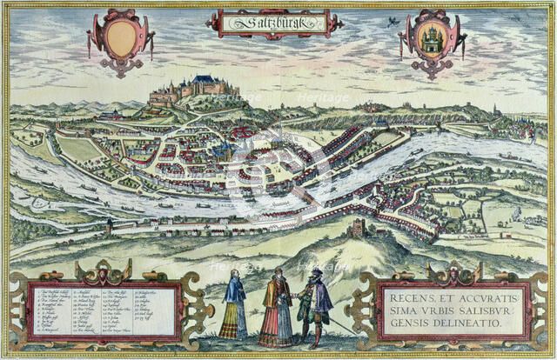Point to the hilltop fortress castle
(197, 88)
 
